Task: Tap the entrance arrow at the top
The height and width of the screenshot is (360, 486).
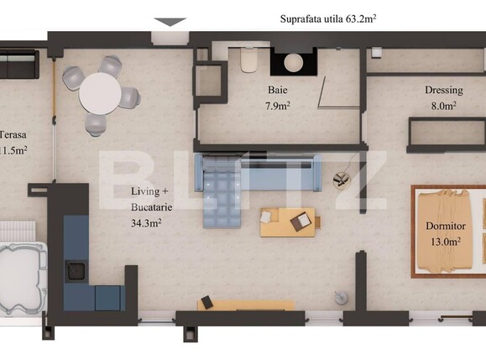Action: coord(170,22)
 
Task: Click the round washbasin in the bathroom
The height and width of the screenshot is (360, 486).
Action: coord(294,62)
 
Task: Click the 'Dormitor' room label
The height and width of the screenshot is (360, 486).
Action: coord(446,227)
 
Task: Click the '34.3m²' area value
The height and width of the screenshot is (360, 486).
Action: coord(146,223)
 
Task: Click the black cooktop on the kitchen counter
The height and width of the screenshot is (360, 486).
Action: coord(76,269)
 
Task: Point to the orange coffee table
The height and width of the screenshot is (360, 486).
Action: coord(287,222)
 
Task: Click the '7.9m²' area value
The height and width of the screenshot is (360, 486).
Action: coord(279,106)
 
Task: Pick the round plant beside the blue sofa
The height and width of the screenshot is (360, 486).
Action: coord(341,179)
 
